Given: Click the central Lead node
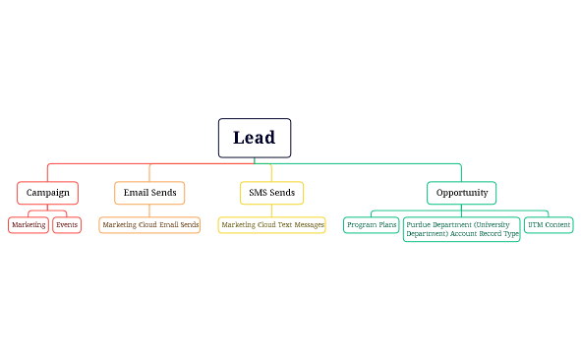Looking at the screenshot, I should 254,138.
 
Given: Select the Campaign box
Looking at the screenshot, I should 47,192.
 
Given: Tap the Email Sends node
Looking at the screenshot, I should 149,192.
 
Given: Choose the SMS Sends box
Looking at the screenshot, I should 271,192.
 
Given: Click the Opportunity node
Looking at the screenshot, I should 461,192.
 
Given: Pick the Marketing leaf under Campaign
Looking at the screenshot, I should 29,225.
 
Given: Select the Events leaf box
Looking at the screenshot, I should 67,225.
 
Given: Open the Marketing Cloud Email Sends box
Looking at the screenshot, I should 149,225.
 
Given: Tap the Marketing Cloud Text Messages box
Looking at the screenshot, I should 271,225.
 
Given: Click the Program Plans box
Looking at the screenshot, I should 372,225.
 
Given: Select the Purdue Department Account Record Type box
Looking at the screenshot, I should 461,229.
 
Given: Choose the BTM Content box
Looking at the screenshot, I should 549,225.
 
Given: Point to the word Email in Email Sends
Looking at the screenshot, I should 137,192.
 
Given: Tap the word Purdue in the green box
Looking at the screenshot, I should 420,224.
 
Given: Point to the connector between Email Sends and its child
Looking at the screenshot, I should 149,210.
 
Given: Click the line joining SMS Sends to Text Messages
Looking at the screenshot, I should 271,210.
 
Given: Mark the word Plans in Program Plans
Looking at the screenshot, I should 385,225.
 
